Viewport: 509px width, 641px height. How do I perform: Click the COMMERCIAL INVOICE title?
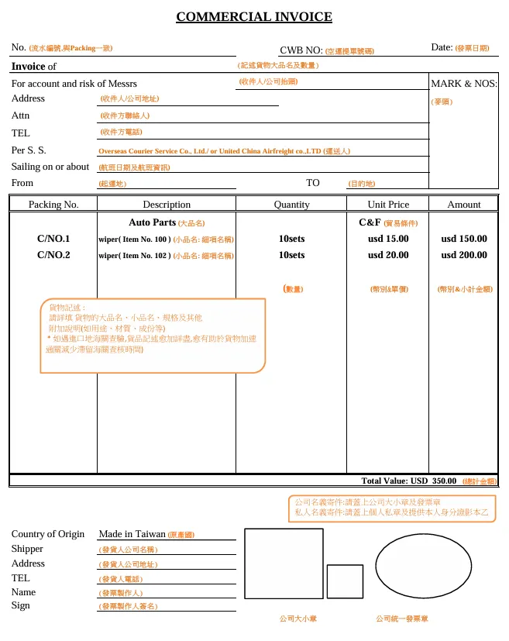(254, 17)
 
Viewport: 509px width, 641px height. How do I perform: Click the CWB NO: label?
(301, 50)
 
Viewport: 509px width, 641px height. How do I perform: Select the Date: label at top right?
(442, 47)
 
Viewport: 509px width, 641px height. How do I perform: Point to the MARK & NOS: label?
(463, 84)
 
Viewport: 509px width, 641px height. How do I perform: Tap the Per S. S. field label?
(29, 150)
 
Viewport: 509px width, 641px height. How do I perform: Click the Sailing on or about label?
(50, 167)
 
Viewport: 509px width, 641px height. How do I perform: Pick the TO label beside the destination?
(313, 183)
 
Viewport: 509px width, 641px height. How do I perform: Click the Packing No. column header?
(53, 205)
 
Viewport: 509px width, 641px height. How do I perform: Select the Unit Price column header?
(388, 205)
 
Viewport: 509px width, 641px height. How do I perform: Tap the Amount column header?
(464, 205)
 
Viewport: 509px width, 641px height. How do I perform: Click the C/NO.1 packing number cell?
(53, 239)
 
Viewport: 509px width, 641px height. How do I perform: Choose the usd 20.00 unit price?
(388, 255)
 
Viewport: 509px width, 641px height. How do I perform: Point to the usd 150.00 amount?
(464, 239)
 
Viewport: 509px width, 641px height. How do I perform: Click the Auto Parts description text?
(153, 222)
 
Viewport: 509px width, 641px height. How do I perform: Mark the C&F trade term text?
(370, 222)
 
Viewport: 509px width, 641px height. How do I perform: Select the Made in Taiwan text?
(132, 534)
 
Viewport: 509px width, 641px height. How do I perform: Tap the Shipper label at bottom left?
(27, 549)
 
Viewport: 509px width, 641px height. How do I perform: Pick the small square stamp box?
(345, 581)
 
